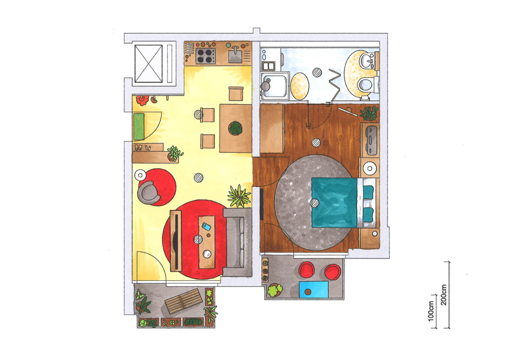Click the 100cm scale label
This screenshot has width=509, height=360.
[x=431, y=311]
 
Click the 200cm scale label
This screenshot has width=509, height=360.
[x=444, y=295]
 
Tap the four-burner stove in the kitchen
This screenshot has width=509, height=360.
[x=205, y=55]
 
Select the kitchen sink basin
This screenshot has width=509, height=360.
[x=235, y=55]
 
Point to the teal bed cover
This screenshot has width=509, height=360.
[x=334, y=203]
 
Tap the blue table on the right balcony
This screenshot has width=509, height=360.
[x=313, y=289]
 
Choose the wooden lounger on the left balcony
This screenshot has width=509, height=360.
[x=184, y=301]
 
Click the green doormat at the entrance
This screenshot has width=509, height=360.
[x=139, y=127]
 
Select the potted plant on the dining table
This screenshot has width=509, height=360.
[x=235, y=128]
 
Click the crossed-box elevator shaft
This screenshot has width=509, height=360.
[x=148, y=64]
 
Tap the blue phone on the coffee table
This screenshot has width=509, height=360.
[x=206, y=226]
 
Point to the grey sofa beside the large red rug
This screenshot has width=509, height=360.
[x=238, y=242]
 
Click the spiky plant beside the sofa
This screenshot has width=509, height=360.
[x=239, y=196]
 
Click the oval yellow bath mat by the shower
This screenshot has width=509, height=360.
[x=299, y=87]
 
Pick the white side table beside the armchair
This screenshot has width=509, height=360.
[x=141, y=175]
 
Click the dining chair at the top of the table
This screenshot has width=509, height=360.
[x=236, y=94]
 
